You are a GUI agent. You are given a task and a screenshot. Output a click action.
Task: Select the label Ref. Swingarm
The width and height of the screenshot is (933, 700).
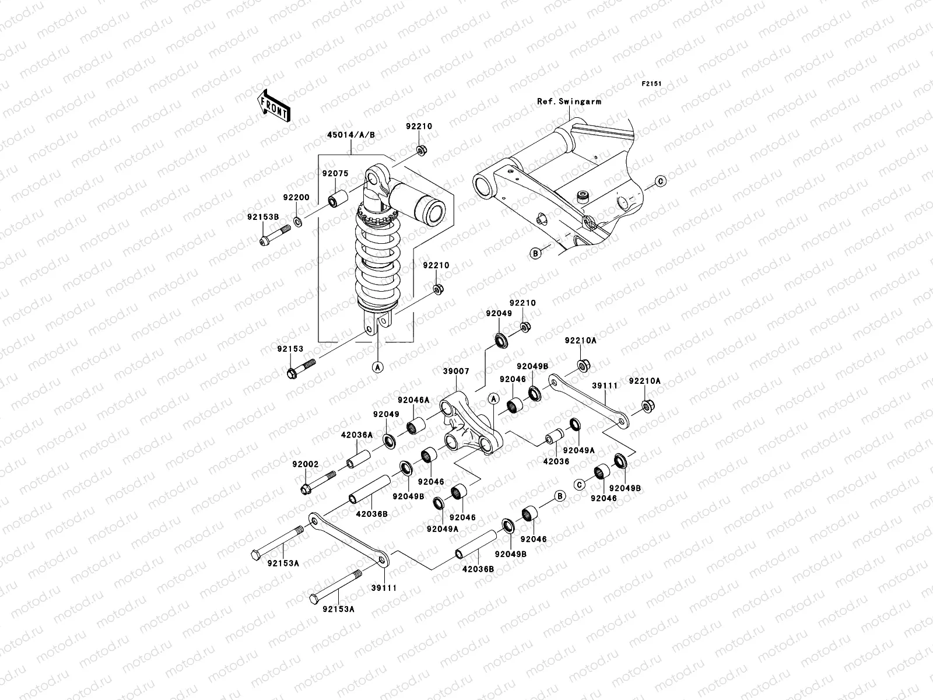(569, 101)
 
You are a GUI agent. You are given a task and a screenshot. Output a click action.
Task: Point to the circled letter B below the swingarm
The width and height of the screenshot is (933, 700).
(535, 253)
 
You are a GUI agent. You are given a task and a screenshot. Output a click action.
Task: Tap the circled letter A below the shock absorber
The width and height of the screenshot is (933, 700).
(377, 367)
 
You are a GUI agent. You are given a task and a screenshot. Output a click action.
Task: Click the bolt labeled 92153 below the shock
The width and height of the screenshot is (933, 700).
(300, 369)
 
